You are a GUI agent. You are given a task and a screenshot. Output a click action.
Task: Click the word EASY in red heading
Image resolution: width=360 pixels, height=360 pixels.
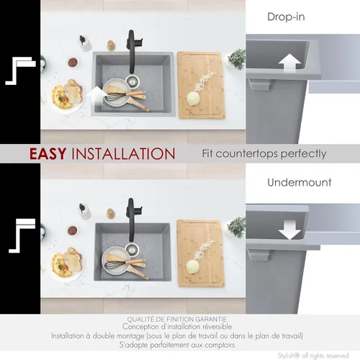click(48, 153)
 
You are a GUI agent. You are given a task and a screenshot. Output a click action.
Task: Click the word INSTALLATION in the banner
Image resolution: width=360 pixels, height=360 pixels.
click(123, 153)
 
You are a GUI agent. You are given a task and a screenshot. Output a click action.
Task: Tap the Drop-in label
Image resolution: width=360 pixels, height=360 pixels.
click(286, 17)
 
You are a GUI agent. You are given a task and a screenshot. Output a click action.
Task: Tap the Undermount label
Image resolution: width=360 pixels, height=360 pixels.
click(300, 182)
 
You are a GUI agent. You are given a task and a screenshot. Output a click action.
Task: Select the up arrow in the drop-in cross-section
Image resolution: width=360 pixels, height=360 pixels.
click(289, 63)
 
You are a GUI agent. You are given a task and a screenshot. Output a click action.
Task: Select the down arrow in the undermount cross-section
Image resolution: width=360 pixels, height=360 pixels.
click(289, 230)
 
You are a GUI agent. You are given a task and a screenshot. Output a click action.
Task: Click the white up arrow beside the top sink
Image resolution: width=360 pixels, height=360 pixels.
click(96, 96)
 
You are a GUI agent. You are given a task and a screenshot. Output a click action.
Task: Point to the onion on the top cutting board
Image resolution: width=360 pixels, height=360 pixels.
click(193, 99)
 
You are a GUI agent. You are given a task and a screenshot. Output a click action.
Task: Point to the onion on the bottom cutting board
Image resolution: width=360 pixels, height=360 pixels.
click(192, 266)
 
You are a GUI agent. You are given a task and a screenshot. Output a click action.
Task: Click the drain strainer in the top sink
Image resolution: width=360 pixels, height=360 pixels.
click(132, 81)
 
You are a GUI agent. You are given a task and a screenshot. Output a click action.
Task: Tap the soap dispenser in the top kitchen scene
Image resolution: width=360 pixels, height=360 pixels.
click(84, 43)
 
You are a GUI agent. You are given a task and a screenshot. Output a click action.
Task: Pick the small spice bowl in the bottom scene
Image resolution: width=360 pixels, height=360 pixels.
click(73, 230)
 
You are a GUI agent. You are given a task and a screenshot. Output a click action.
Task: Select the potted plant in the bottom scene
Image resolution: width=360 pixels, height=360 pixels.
click(236, 227)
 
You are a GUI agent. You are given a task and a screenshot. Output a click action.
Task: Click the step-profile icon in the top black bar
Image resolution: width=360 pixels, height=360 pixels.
click(21, 71)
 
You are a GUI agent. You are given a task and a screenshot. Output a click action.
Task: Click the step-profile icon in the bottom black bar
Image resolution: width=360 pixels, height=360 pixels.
click(22, 236)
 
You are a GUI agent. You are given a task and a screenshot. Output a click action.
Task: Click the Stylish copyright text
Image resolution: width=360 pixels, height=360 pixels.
click(313, 356)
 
